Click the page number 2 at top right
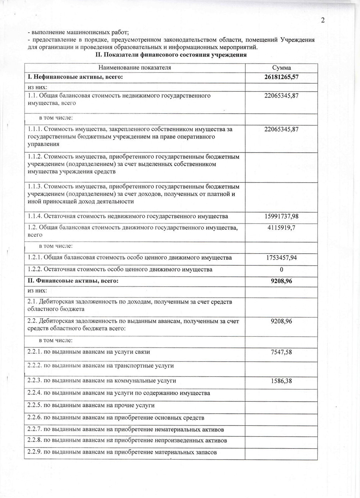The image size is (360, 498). coord(323,20)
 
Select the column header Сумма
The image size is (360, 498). coord(281,68)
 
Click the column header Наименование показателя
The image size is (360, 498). coord(135,68)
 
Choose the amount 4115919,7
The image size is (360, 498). coord(281,228)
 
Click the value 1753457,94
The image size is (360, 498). coord(281,258)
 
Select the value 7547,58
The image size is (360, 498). coord(281,352)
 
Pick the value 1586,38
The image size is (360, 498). coord(281,381)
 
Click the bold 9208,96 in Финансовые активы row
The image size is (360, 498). coord(281,281)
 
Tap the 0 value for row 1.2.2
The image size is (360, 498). coord(281,270)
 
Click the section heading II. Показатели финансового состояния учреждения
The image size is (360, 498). coord(171,55)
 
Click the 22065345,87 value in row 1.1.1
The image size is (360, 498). coord(281,129)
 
